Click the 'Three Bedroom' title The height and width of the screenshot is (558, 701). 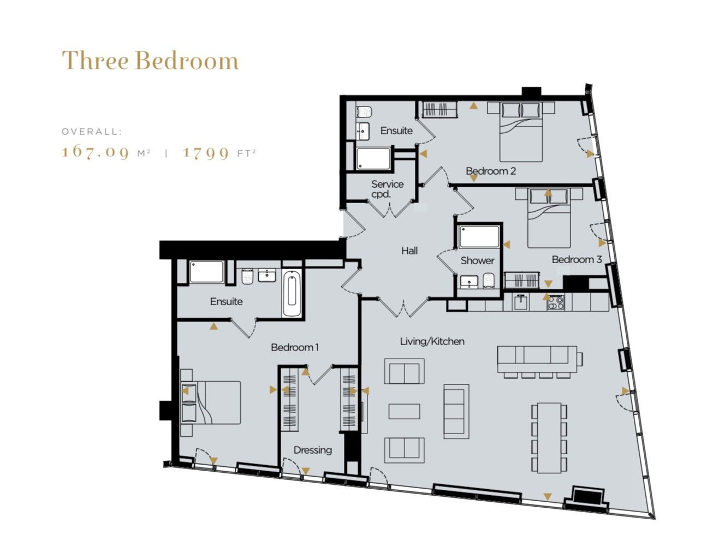[150, 61]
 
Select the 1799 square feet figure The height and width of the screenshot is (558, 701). [206, 152]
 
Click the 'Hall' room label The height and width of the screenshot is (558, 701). [409, 251]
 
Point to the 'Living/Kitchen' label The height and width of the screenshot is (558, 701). [432, 341]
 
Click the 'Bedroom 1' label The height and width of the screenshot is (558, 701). [295, 347]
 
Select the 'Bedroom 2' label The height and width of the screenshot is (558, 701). [491, 171]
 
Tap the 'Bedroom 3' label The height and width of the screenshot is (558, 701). [577, 259]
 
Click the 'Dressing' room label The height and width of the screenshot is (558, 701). [312, 450]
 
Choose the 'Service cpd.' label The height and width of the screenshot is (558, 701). [387, 189]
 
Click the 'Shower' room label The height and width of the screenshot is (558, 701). [477, 260]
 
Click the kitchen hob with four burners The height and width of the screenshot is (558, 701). [556, 302]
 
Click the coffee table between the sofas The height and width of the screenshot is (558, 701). [404, 411]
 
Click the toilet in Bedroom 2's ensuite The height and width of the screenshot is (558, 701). [364, 111]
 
